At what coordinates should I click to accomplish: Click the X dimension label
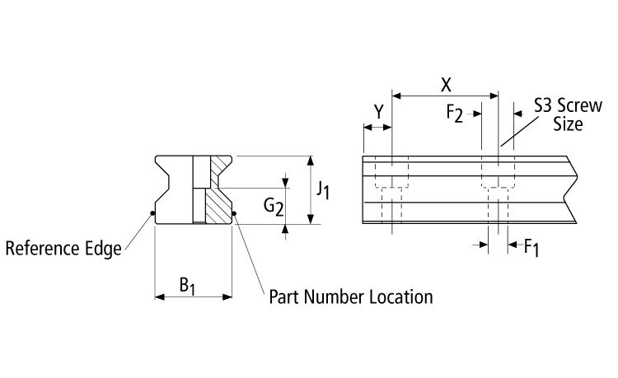[446, 84]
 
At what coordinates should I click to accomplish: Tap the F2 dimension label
[455, 114]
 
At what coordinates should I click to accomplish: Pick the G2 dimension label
[274, 208]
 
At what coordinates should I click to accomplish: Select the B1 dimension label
[188, 286]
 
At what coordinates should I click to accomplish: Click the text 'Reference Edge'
[63, 248]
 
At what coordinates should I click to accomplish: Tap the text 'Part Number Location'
[351, 296]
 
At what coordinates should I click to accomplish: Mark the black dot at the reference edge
[154, 216]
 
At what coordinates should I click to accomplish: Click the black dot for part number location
[234, 216]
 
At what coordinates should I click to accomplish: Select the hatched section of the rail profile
[218, 198]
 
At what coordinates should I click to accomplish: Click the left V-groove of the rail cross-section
[163, 186]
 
